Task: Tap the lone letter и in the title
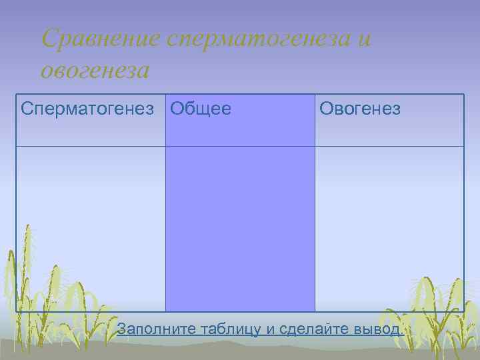point(364,39)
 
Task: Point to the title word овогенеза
point(95,69)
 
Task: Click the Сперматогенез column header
point(91,109)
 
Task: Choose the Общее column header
point(201,109)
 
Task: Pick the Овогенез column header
point(360,109)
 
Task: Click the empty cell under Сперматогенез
point(91,227)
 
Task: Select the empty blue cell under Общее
point(240,227)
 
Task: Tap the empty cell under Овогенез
point(389,227)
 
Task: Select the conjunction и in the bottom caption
point(271,329)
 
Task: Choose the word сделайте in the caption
point(312,329)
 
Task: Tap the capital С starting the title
point(48,39)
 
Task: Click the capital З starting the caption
point(121,329)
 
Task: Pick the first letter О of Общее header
point(177,109)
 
